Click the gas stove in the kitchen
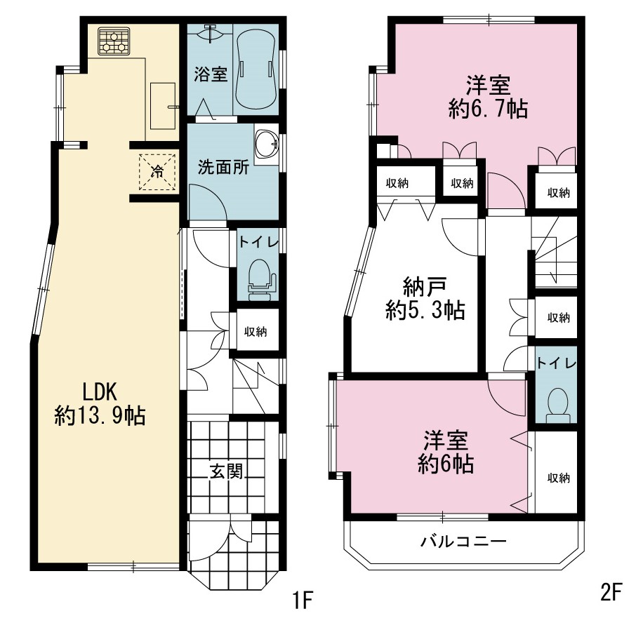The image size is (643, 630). coord(114,41)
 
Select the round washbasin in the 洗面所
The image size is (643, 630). coord(266,145)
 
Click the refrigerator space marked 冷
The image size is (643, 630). coord(157,172)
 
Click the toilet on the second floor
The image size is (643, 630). coord(557,405)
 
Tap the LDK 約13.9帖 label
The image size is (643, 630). coord(100,404)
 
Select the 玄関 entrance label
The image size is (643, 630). coord(226,471)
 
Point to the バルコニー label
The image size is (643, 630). coord(463,542)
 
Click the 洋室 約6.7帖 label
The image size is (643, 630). coord(488,97)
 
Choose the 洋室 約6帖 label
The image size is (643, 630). coord(446,452)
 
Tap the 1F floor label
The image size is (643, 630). coord(303,601)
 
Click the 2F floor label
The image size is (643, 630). coord(611,592)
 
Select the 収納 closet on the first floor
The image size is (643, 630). coord(256,331)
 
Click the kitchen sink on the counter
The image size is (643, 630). coord(163,105)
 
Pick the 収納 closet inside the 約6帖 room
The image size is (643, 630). coord(559,478)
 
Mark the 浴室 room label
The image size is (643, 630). coord(211,74)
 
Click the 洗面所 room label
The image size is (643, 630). coord(223,167)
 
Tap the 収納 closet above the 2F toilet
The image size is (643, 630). coord(559,317)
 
